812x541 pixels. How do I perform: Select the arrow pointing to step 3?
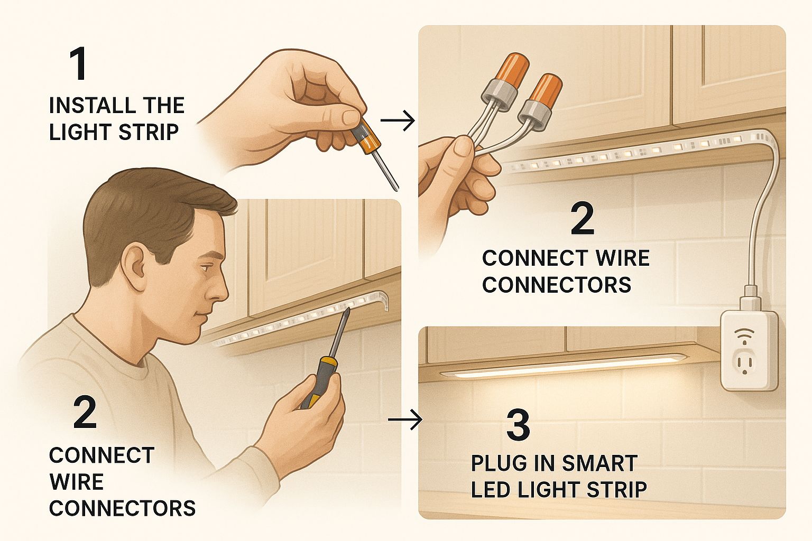pyautogui.click(x=405, y=419)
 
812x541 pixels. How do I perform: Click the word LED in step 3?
pyautogui.click(x=491, y=490)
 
